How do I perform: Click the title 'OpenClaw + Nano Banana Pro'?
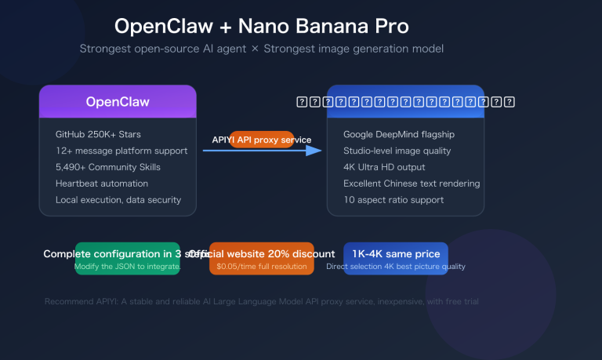261,26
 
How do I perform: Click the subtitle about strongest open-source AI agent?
261,49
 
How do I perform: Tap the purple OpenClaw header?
118,102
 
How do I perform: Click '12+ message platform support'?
121,151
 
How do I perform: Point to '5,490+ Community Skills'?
107,167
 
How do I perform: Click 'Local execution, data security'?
118,200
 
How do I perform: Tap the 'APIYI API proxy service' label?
262,140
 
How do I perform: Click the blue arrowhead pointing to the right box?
314,150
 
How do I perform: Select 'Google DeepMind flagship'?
399,134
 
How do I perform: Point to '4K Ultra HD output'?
384,167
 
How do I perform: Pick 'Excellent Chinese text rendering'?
412,184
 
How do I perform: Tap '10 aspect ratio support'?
393,200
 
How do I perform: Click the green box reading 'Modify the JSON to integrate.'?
128,267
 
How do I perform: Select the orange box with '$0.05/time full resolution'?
262,267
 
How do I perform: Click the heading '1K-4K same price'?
396,254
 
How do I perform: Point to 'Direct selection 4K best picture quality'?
396,267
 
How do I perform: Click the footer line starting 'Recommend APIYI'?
262,301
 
